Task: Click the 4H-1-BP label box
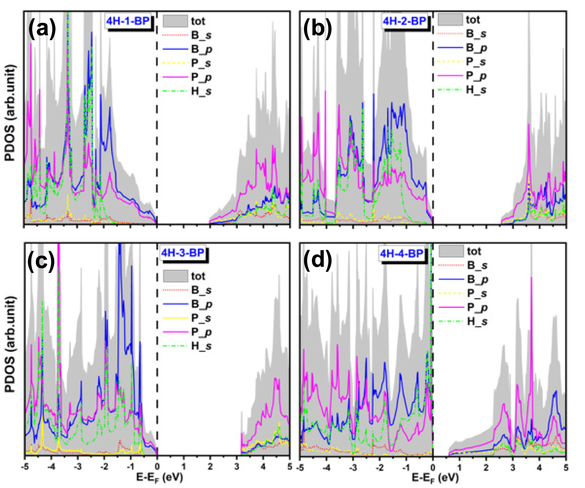coord(128,21)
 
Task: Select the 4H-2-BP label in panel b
coord(404,21)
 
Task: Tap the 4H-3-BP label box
coord(182,252)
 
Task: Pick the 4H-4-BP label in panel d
coord(401,253)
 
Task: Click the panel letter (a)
coord(42,28)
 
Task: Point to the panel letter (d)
coord(317,260)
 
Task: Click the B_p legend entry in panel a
coord(201,49)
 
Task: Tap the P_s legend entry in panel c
coord(201,318)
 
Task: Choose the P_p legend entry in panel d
coord(477,308)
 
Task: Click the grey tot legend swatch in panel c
coord(175,276)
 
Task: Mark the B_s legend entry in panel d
coord(477,266)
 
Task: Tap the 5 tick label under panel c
coord(290,466)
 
